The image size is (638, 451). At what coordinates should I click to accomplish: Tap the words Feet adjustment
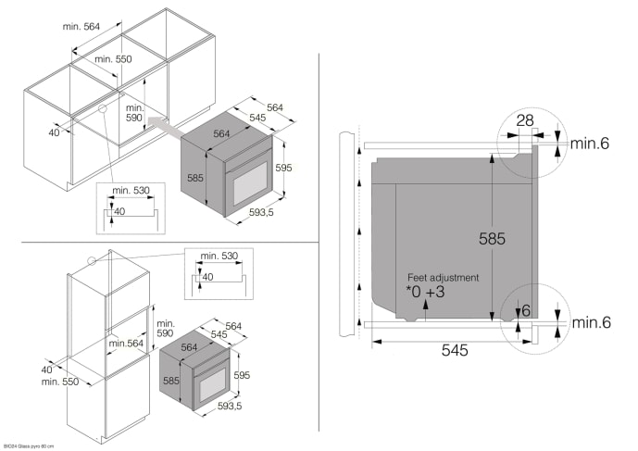443,277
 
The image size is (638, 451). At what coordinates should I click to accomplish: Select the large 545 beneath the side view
454,351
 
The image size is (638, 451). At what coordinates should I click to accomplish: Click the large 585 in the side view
492,238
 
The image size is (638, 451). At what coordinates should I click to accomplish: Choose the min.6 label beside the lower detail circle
590,322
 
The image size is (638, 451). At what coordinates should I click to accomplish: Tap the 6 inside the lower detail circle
525,311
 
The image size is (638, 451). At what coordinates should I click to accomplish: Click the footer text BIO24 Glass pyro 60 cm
29,445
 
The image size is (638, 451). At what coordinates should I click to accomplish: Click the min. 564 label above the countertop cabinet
82,27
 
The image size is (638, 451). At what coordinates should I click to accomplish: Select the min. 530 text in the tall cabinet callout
219,255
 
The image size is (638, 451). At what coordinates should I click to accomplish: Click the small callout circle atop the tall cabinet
90,261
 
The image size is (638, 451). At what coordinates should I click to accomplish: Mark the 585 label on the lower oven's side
169,379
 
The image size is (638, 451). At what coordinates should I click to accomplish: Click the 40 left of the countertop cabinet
54,132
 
